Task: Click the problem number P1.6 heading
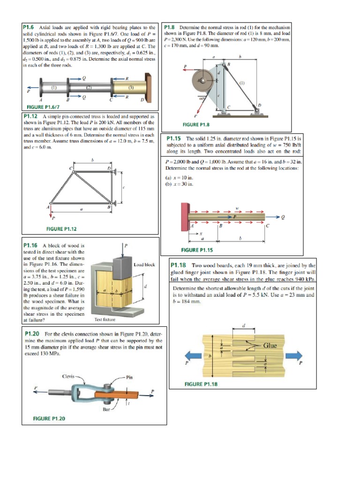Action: (x=30, y=28)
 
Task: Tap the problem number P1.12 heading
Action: (x=31, y=115)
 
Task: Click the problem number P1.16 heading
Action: (x=31, y=245)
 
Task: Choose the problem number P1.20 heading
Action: (x=31, y=333)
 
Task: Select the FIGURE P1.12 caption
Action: (x=61, y=229)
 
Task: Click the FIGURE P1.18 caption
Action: (x=201, y=384)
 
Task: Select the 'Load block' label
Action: (x=144, y=265)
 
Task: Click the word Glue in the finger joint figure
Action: (x=270, y=345)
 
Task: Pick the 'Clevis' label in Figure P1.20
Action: (x=70, y=376)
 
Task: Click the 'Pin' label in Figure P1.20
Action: (x=130, y=377)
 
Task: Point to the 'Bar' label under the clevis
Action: (x=107, y=409)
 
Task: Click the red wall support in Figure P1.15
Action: (x=185, y=217)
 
